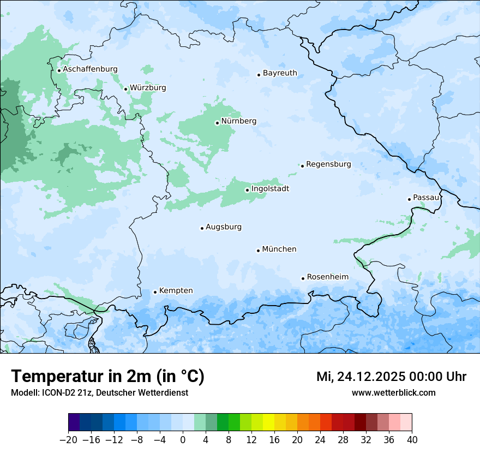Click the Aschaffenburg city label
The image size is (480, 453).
point(90,69)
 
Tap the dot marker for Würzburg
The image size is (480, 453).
point(125,89)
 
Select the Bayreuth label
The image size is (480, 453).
point(280,73)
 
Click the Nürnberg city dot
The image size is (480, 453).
point(217,123)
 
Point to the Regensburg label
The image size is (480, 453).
point(328,164)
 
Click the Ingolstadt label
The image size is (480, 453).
point(270,189)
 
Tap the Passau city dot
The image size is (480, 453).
point(409,199)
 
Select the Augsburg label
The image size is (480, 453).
point(224,227)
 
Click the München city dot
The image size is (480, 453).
point(258,251)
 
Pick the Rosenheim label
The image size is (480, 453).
point(327,277)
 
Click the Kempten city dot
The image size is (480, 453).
point(155,292)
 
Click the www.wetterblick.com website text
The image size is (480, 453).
point(393,392)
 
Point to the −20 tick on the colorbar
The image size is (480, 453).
point(69,440)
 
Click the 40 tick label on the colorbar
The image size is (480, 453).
point(412,440)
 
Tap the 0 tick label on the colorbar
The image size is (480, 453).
point(183,440)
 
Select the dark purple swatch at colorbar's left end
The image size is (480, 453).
point(74,422)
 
